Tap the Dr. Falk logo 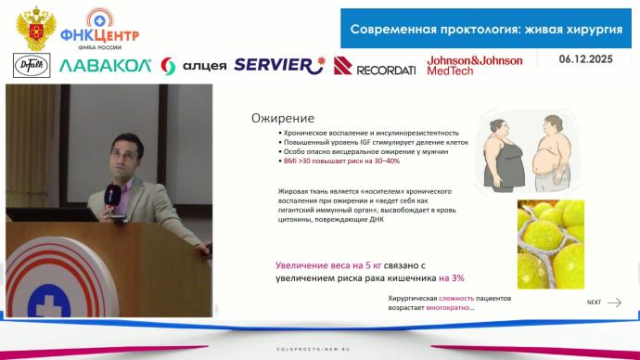click(32, 65)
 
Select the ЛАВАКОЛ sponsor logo click(104, 65)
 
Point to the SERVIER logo click(279, 64)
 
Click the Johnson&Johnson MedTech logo click(474, 65)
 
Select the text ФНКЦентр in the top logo click(99, 35)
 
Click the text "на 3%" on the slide click(452, 277)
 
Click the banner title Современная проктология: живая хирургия click(485, 29)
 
